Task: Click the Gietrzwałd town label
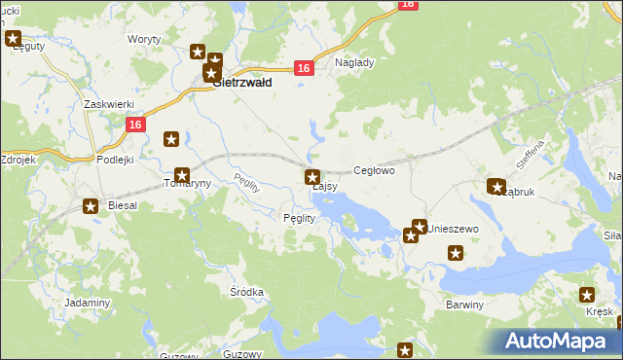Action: coord(241,84)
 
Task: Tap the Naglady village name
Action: coord(354,61)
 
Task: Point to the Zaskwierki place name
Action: coord(108,104)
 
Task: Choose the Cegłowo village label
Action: coord(374,170)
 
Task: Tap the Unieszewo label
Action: coord(455,228)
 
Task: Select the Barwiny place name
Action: coord(464,305)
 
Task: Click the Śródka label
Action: coord(246,292)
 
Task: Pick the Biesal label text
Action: coord(123,206)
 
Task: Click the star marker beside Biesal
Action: coord(91,205)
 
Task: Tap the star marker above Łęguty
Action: coord(13,40)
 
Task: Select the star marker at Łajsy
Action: coord(312,177)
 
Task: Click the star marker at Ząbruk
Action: coord(495,186)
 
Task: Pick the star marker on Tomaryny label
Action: coord(181,175)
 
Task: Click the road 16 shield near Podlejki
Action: coord(135,125)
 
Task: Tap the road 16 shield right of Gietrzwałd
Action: coord(304,67)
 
